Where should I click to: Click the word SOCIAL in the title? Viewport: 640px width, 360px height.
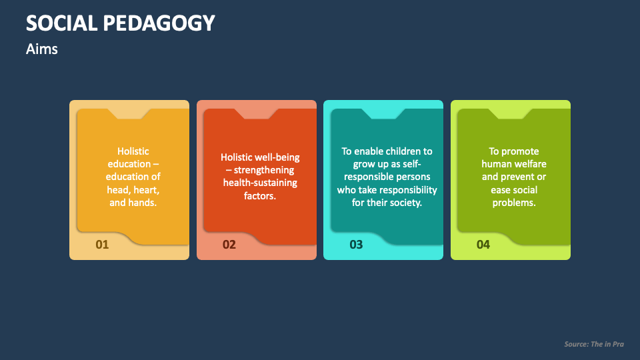pos(61,23)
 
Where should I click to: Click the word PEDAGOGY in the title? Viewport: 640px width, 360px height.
pos(159,23)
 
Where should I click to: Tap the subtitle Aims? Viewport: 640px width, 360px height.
pos(41,49)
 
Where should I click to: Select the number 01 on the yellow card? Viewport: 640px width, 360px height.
pos(102,245)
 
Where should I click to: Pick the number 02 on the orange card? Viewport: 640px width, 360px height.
pos(229,245)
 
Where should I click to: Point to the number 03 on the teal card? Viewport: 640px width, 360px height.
pos(356,245)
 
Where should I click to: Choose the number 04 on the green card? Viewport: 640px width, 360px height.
pos(483,245)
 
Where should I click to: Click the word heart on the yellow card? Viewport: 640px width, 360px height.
pos(146,190)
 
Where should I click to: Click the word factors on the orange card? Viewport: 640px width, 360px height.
pos(260,196)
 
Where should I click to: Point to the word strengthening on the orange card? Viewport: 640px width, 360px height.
pos(264,170)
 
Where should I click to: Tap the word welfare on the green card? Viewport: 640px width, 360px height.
pos(530,164)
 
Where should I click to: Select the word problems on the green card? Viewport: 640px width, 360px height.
pos(514,203)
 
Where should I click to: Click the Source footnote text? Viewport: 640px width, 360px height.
pos(594,344)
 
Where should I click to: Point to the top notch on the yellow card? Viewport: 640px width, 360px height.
pos(129,114)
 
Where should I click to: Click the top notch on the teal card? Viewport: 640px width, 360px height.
pos(383,114)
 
